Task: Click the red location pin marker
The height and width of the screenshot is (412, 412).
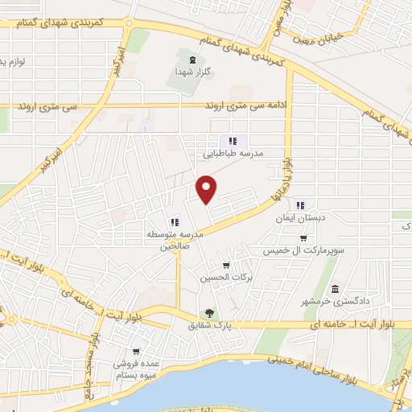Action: [208, 189]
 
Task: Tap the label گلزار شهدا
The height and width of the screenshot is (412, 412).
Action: [192, 71]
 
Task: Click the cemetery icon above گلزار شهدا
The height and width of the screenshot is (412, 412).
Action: [192, 59]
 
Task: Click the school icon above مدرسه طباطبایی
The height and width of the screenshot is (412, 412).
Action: [233, 140]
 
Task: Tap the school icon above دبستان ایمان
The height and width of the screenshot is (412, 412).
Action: [301, 204]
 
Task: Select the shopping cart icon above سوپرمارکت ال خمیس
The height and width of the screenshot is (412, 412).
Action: [303, 238]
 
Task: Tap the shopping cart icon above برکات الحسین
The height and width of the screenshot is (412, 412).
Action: [226, 266]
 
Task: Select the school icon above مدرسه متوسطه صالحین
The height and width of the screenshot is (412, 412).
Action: [174, 223]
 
